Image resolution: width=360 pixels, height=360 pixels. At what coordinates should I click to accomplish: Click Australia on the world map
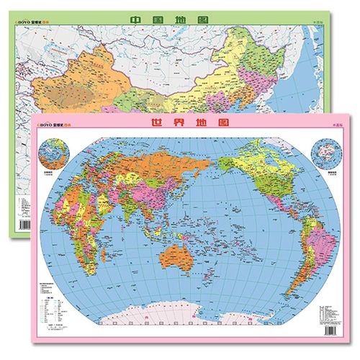tap(174, 253)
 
